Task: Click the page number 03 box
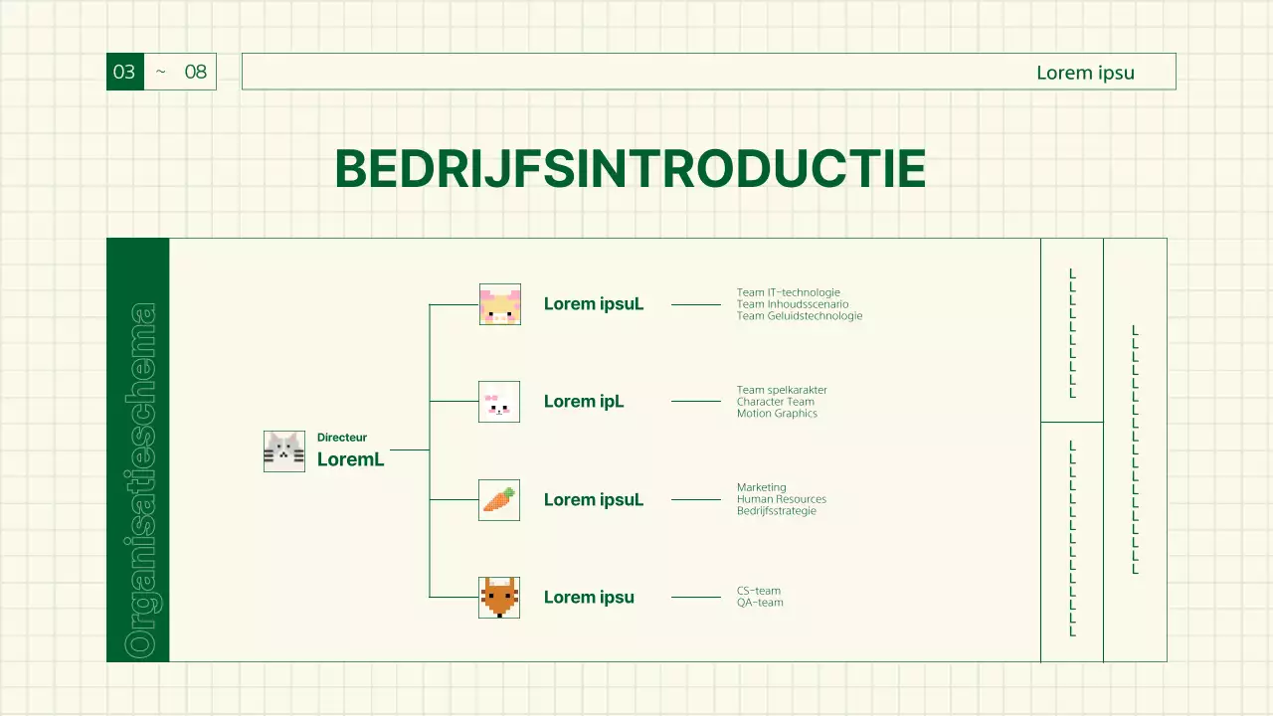pyautogui.click(x=124, y=72)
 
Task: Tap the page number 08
pyautogui.click(x=196, y=72)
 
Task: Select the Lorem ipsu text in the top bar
pyautogui.click(x=1085, y=73)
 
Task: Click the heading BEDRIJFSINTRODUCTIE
pyautogui.click(x=630, y=169)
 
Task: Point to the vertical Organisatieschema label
pyautogui.click(x=139, y=479)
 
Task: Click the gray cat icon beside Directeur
pyautogui.click(x=284, y=451)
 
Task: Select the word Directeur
pyautogui.click(x=342, y=438)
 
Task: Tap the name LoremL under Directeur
pyautogui.click(x=350, y=459)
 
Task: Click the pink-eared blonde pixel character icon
pyautogui.click(x=499, y=304)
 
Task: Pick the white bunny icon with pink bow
pyautogui.click(x=499, y=402)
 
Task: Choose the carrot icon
pyautogui.click(x=499, y=499)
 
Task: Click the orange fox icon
pyautogui.click(x=499, y=597)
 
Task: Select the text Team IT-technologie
pyautogui.click(x=788, y=292)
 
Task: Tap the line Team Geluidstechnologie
pyautogui.click(x=799, y=316)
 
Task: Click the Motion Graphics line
pyautogui.click(x=777, y=414)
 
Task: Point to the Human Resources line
pyautogui.click(x=781, y=499)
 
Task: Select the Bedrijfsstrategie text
pyautogui.click(x=776, y=511)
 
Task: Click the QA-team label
pyautogui.click(x=759, y=603)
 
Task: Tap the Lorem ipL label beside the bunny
pyautogui.click(x=584, y=402)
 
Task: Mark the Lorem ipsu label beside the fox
pyautogui.click(x=589, y=598)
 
